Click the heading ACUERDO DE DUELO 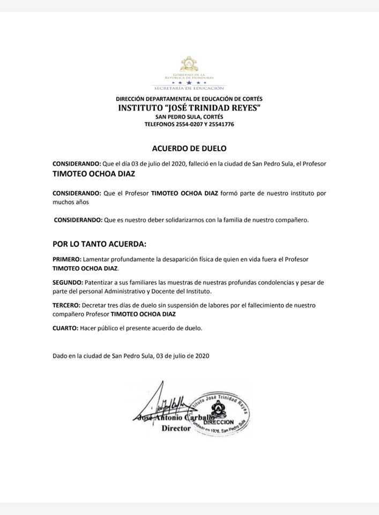coord(189,148)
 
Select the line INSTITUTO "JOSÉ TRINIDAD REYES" coord(189,108)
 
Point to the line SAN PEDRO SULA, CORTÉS coord(189,116)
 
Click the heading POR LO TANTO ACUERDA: coord(99,244)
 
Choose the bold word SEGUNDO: coord(68,282)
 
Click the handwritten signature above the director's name coord(160,400)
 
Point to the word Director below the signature coord(176,429)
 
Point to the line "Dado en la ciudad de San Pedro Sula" coord(131,355)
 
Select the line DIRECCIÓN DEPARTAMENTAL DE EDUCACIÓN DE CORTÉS coord(189,99)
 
